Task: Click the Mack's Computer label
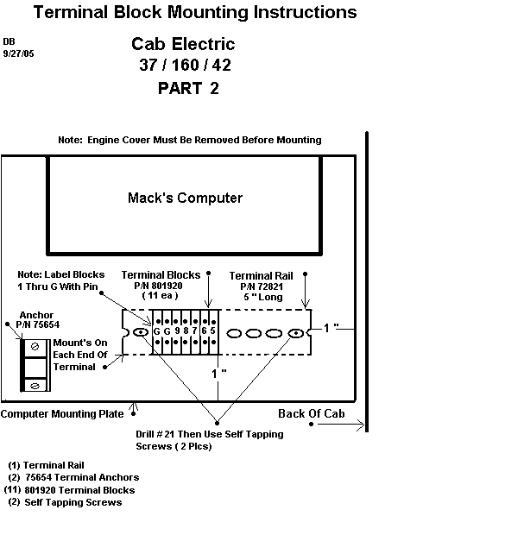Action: click(x=185, y=198)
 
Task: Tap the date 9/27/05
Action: click(x=18, y=53)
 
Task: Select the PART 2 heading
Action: click(x=188, y=88)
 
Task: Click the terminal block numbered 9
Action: click(x=177, y=331)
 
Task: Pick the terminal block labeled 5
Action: click(x=213, y=331)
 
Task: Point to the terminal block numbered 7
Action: click(x=195, y=331)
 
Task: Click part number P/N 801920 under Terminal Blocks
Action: click(x=158, y=286)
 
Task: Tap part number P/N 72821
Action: click(x=262, y=286)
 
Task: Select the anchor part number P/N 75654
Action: click(x=38, y=324)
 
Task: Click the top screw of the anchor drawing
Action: click(x=35, y=347)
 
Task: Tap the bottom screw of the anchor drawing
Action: click(x=35, y=386)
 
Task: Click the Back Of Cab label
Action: click(x=312, y=413)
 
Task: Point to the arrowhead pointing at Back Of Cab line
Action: click(x=361, y=425)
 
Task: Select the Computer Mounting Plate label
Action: click(x=62, y=414)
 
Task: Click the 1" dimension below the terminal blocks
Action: click(x=219, y=374)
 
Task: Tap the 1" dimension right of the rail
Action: click(x=331, y=328)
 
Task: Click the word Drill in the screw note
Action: click(x=145, y=434)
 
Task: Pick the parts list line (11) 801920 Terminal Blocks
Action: click(x=69, y=490)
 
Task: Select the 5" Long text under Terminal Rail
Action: click(x=263, y=297)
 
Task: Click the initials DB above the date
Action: click(x=9, y=41)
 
